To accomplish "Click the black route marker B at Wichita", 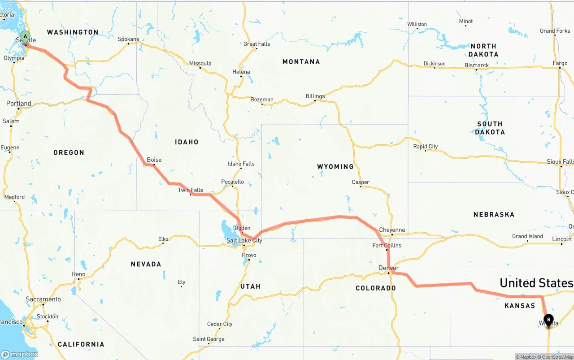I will coord(548,320).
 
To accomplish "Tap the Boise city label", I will coord(154,160).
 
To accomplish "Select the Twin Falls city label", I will coord(190,190).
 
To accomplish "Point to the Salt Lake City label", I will coord(244,241).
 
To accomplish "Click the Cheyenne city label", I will coord(392,230).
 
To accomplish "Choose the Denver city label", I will coord(388,268).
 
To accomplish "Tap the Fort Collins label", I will coord(387,245).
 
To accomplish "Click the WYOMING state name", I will coord(335,166).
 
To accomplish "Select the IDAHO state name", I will coord(187,142).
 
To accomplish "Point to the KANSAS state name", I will coord(519,306).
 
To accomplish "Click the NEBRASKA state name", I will coord(494,215).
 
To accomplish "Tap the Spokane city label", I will coord(128,39).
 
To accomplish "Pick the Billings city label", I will coord(315,96).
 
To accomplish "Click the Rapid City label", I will coord(425,146).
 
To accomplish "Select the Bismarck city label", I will coord(477,65).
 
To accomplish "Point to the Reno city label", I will coord(78,274).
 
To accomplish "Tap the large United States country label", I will coord(536,283).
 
